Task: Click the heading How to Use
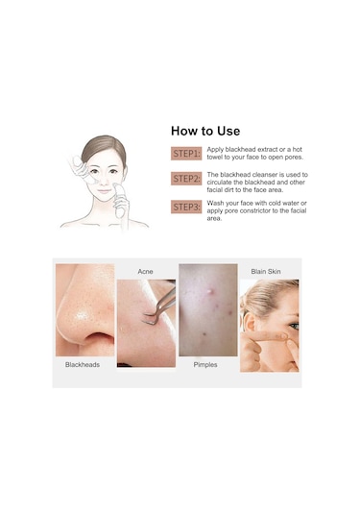tap(205, 131)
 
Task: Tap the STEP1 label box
tap(186, 154)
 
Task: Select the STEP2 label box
tap(186, 179)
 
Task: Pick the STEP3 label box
tap(186, 207)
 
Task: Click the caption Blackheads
tap(83, 364)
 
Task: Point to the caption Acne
tap(145, 272)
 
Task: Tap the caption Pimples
tap(205, 364)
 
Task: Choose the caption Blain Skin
tap(266, 272)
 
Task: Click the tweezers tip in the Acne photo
tap(148, 323)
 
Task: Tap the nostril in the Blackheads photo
tap(98, 338)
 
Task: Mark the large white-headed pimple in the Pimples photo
tap(209, 290)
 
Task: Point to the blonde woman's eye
tap(294, 326)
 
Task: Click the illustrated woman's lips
tap(105, 190)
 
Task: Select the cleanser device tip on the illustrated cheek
tap(116, 187)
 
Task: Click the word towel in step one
tap(214, 158)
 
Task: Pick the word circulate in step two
tap(219, 183)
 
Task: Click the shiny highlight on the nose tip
tap(82, 316)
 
